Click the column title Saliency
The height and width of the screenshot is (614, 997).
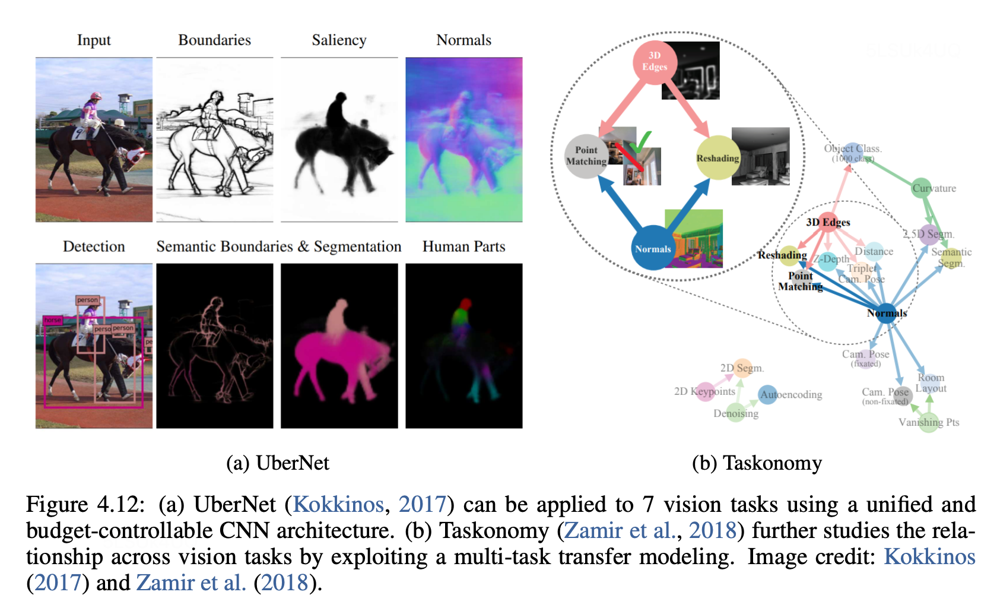(339, 40)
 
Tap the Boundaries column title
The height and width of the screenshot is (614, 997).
(214, 40)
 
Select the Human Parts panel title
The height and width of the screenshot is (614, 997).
(463, 246)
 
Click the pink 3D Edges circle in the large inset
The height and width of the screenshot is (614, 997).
(655, 61)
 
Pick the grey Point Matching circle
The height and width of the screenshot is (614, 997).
(586, 156)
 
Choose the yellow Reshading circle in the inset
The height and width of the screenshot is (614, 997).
(717, 158)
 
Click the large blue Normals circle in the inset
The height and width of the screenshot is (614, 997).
(653, 248)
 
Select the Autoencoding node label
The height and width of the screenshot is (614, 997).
(791, 395)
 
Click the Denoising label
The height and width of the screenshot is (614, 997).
(736, 413)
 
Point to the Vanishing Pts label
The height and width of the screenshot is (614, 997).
(929, 422)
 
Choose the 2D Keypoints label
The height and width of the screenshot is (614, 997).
(704, 391)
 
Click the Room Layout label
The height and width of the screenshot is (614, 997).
(931, 383)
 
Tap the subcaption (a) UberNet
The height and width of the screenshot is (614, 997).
(277, 463)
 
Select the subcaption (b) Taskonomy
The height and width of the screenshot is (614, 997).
(757, 463)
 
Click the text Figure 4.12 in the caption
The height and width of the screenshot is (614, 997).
(85, 505)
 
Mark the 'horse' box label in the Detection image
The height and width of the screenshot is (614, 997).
(52, 320)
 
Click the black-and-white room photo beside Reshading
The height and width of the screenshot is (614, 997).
(760, 156)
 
